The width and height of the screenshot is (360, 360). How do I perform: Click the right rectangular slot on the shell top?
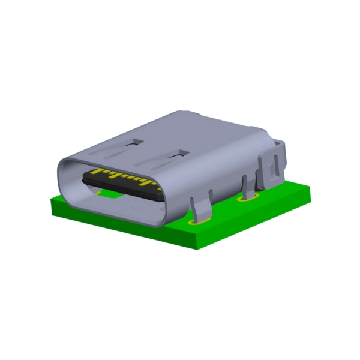177,154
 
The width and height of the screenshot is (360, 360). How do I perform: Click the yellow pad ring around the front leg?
199,222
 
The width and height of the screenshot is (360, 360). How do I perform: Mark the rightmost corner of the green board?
313,191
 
